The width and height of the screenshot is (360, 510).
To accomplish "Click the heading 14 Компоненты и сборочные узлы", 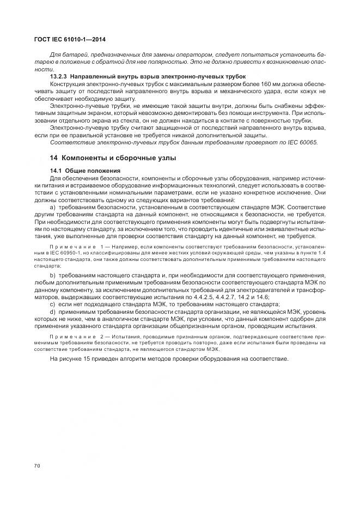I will (113, 157).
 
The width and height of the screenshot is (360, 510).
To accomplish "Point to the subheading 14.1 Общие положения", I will (81, 171).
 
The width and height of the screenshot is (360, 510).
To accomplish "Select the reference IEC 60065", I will (300, 142).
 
